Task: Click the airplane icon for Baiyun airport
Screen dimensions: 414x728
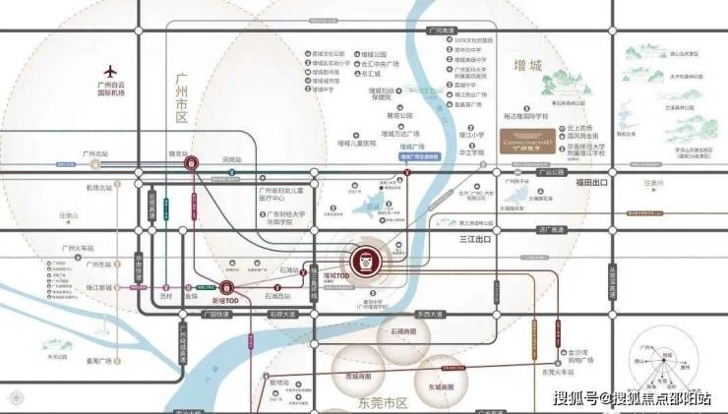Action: [x=109, y=71]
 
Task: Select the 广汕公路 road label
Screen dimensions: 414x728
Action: [x=550, y=172]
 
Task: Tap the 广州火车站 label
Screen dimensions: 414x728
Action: [x=77, y=249]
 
